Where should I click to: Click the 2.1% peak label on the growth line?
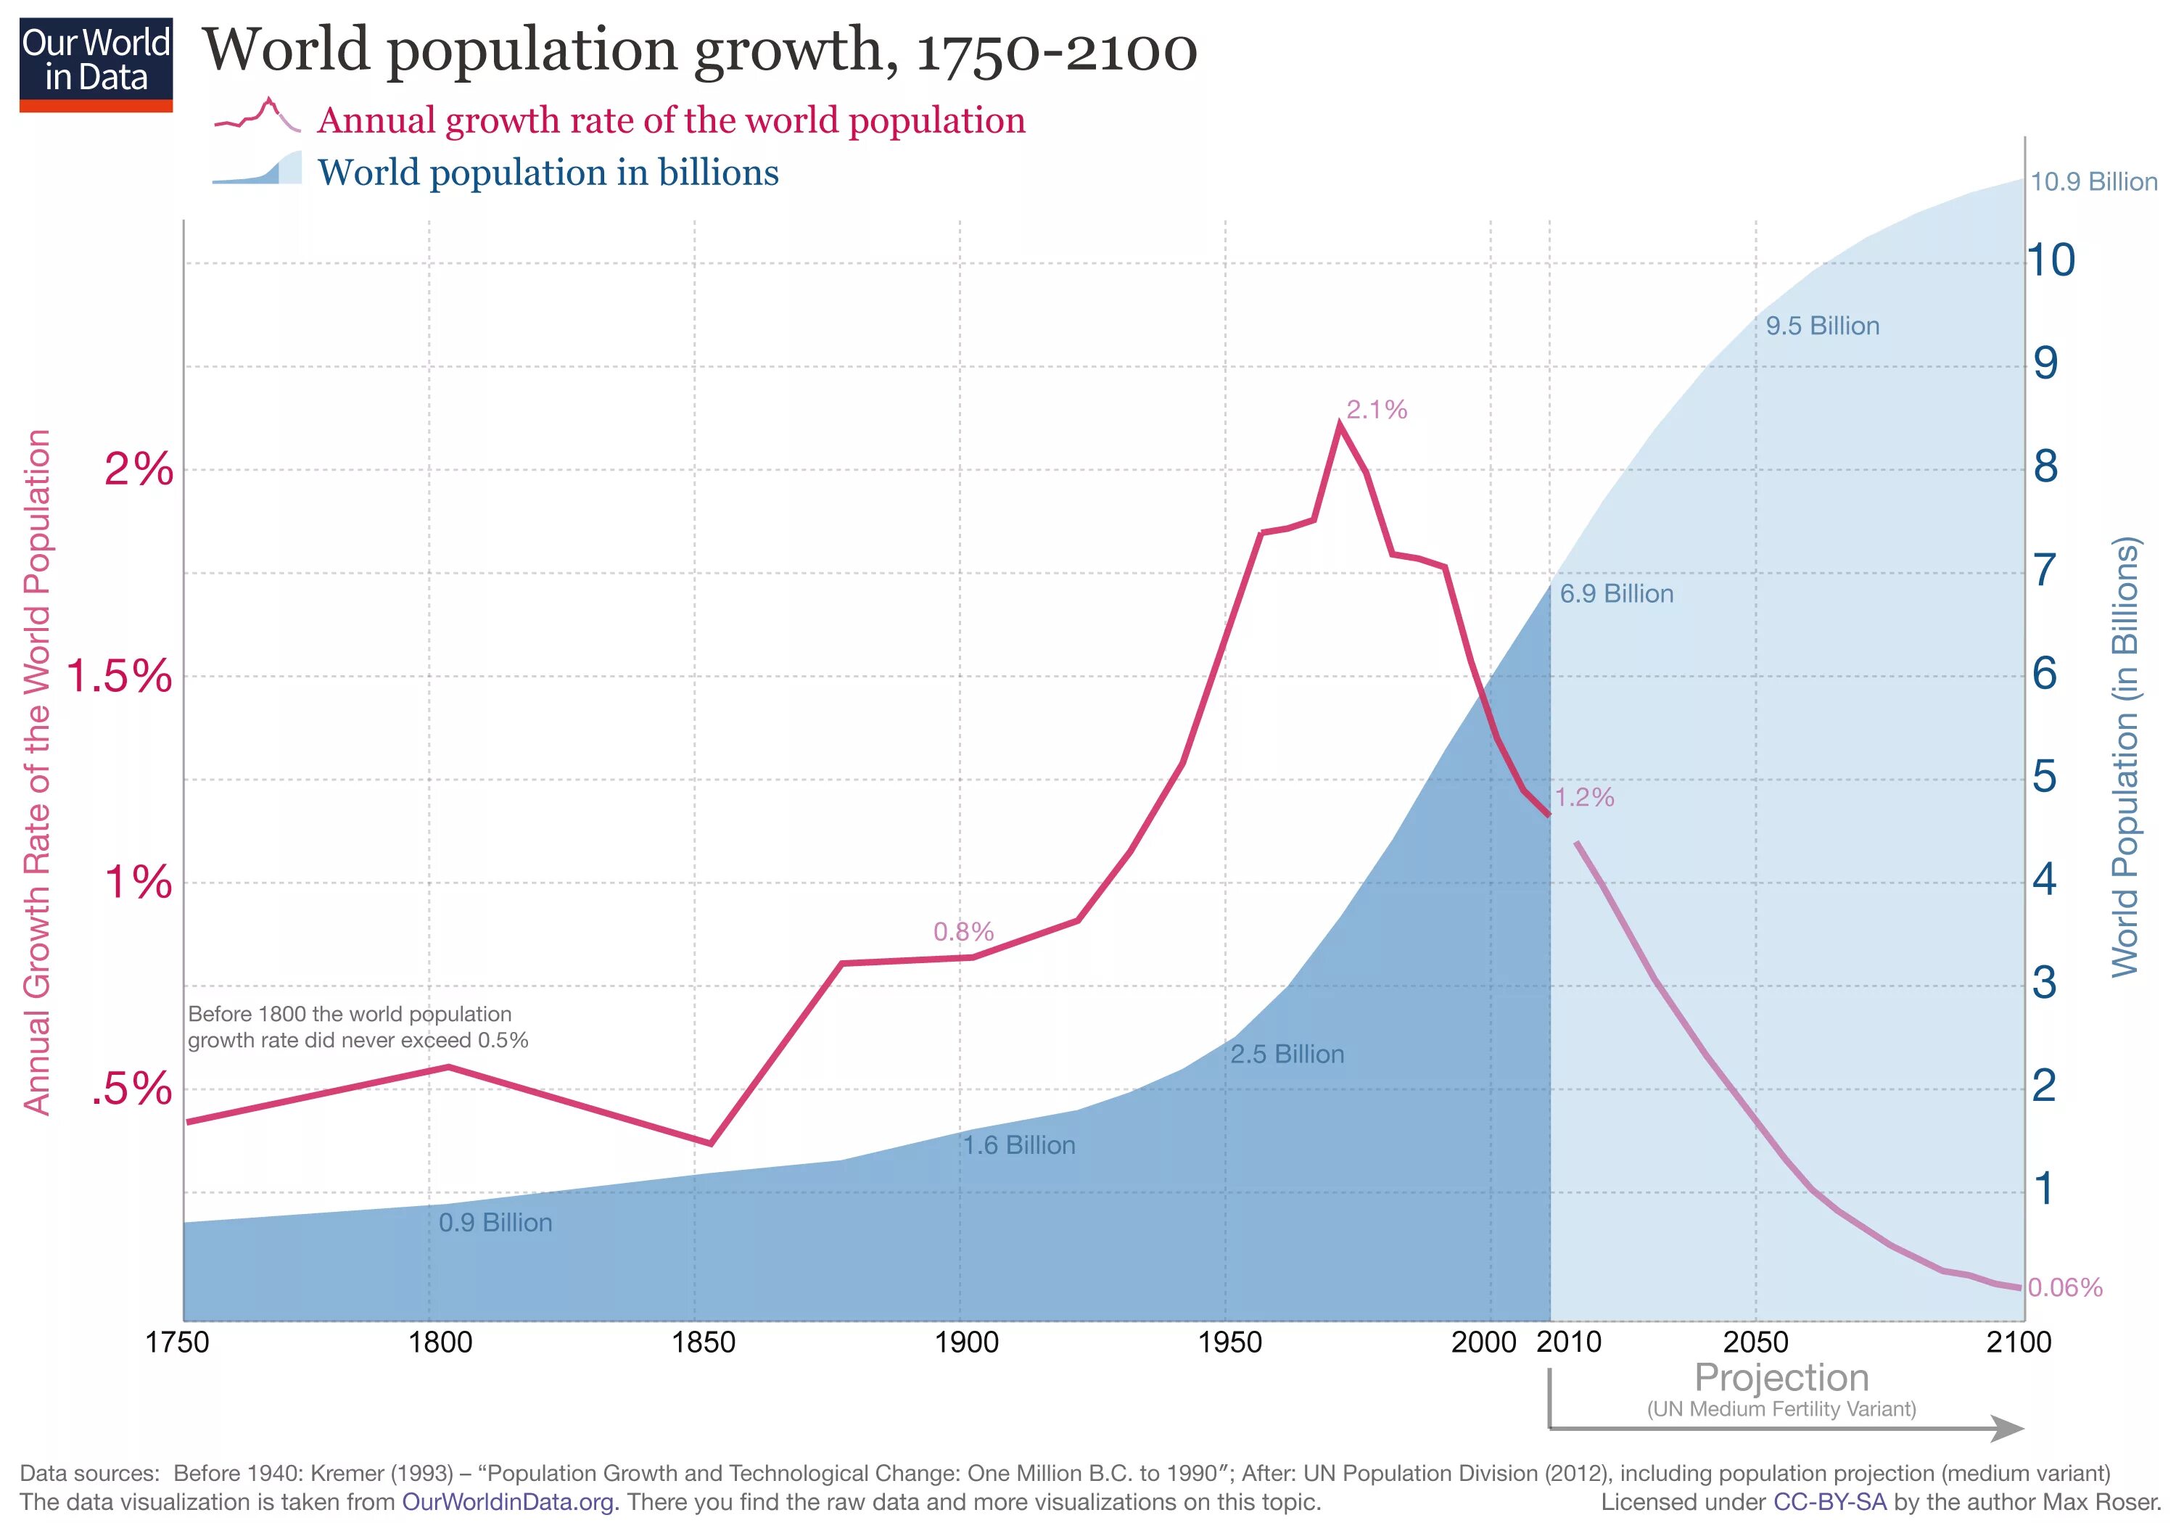(x=1376, y=410)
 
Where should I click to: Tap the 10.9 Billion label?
(x=2093, y=182)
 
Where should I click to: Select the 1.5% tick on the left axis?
(x=120, y=677)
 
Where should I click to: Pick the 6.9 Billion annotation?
(x=1616, y=594)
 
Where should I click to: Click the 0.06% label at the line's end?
(x=2065, y=1287)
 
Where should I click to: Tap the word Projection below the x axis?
(x=1781, y=1378)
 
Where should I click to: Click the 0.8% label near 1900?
(x=963, y=932)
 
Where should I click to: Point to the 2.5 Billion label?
(x=1287, y=1054)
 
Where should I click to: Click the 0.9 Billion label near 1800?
(x=495, y=1223)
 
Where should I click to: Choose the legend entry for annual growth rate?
(x=671, y=120)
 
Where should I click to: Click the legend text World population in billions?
(x=548, y=173)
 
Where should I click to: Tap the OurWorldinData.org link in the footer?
(x=510, y=1502)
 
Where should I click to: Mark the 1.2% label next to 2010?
(x=1583, y=797)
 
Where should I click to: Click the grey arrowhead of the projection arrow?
(x=2007, y=1428)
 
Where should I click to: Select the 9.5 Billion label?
(x=1821, y=326)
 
